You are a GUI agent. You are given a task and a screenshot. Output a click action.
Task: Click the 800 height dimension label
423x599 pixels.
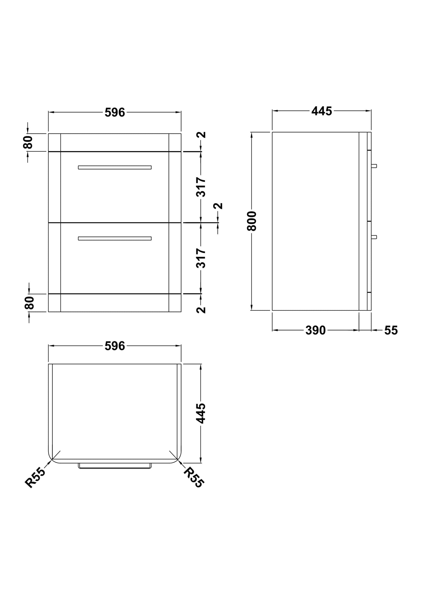tap(251, 221)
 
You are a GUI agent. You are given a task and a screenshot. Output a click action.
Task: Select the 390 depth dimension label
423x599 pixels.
tap(315, 330)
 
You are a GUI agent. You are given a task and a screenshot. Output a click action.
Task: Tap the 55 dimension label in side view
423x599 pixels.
tap(391, 330)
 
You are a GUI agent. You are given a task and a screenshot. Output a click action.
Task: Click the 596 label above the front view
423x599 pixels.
tap(115, 112)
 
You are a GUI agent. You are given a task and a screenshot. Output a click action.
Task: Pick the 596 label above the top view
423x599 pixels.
tap(115, 346)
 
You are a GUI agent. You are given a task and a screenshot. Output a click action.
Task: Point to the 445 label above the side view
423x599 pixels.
tap(321, 111)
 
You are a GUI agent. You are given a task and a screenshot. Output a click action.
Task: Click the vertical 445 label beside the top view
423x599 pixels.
tap(201, 413)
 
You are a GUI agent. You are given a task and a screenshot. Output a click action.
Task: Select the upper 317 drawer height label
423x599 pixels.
tap(201, 187)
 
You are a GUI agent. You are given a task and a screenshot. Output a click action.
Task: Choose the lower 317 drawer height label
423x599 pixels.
tap(201, 258)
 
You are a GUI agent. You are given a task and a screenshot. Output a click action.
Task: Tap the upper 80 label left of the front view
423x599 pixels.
tap(28, 142)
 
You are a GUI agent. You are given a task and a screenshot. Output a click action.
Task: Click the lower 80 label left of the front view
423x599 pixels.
tap(29, 303)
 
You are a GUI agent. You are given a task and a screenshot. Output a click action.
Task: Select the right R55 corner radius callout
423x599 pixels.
tap(193, 477)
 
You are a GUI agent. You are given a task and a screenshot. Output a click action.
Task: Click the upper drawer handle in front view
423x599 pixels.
tap(115, 167)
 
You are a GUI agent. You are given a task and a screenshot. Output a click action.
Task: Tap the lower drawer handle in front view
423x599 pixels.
tap(115, 238)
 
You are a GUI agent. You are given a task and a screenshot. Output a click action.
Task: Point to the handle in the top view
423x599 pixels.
tap(115, 466)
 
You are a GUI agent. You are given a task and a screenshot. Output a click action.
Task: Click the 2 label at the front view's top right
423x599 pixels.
tap(201, 135)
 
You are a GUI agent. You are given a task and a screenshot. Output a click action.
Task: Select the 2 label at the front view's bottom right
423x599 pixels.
tap(201, 310)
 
